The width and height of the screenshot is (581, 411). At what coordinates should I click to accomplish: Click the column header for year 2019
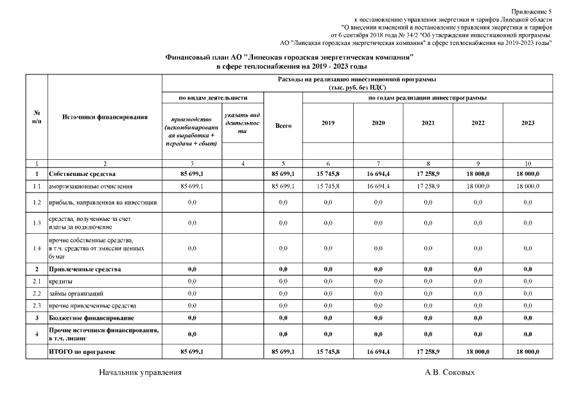tap(327, 123)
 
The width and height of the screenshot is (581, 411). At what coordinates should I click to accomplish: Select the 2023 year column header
tap(528, 123)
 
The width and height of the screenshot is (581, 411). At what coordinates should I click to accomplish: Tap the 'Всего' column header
tap(283, 126)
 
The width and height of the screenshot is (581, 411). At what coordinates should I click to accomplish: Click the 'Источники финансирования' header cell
tap(105, 117)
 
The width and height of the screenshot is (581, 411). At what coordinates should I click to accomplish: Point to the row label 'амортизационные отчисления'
tap(91, 186)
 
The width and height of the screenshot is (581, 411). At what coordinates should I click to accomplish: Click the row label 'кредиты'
tap(60, 281)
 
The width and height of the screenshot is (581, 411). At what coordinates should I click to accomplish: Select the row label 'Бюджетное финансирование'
tap(91, 318)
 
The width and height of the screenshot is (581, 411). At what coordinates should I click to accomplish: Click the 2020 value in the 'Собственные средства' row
tap(378, 174)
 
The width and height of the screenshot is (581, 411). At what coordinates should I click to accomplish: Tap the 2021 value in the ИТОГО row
tap(428, 352)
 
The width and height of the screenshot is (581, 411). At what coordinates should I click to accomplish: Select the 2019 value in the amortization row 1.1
tap(327, 186)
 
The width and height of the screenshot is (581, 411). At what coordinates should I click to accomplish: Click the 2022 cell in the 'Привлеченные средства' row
tap(478, 269)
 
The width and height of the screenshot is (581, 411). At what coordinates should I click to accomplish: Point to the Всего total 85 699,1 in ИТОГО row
tap(283, 352)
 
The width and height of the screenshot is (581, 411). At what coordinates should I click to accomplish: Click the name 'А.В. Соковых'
tap(450, 372)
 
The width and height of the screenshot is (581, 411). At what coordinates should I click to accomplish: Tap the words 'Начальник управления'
tap(140, 372)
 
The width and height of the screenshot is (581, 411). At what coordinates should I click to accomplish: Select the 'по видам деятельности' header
tap(212, 98)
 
